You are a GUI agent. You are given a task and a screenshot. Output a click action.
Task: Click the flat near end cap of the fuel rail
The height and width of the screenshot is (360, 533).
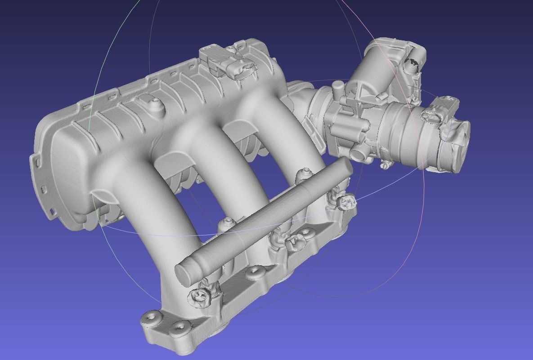(x=184, y=273)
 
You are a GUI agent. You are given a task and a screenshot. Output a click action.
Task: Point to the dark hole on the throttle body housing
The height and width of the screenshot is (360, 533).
(x=412, y=63)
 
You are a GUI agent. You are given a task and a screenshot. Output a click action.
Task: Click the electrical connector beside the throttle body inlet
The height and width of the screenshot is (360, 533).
(x=441, y=110)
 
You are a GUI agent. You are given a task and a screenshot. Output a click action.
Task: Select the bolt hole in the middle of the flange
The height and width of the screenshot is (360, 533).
(x=256, y=271)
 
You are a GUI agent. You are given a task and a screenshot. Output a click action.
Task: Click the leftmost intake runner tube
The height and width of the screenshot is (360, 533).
(x=144, y=211)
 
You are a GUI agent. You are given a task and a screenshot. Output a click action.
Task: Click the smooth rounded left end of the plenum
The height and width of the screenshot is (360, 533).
(x=67, y=171)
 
